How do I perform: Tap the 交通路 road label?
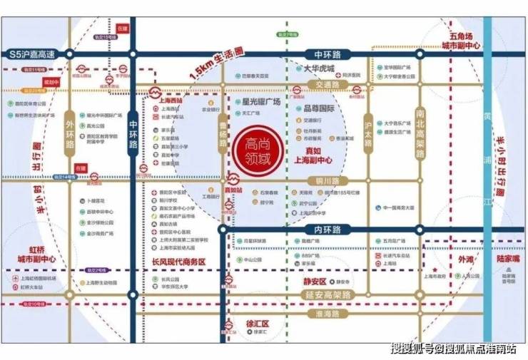point(318,84)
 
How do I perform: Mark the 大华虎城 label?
point(318,69)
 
